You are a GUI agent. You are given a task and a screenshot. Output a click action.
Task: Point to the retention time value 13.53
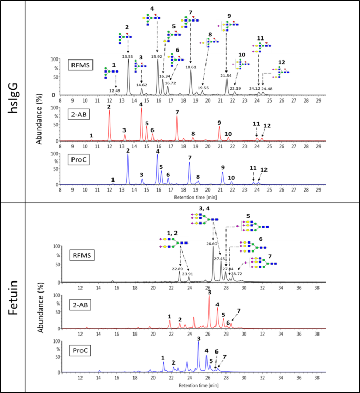(127, 56)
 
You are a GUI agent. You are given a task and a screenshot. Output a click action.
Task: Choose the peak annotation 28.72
(236, 274)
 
